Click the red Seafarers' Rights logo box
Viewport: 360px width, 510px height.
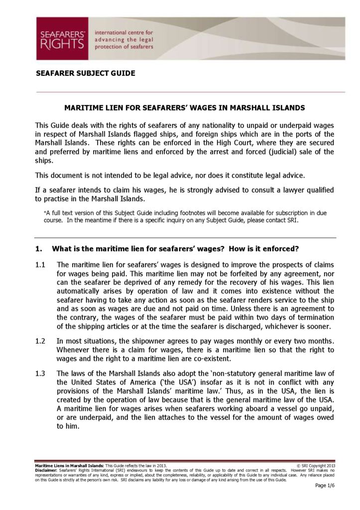(62, 38)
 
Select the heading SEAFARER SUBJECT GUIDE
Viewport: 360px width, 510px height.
(85, 73)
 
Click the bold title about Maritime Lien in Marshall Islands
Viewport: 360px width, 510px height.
(185, 108)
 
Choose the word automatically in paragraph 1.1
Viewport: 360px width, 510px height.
(82, 291)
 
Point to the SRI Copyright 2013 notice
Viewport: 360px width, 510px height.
(316, 466)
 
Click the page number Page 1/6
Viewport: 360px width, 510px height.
(325, 486)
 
